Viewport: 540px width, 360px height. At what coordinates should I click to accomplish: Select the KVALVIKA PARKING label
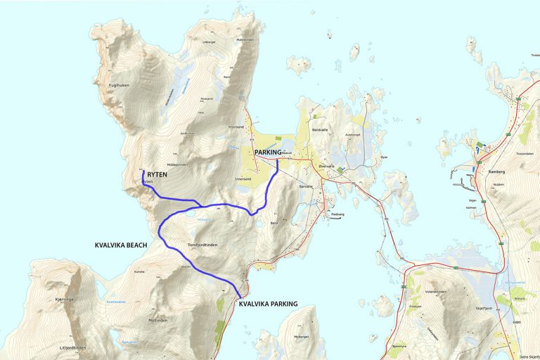pos(268,304)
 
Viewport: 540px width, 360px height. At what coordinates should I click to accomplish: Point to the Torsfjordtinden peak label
pos(202,245)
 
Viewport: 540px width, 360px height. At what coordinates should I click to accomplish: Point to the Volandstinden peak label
pos(436,292)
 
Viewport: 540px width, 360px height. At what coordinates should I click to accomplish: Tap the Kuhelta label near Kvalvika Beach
pos(139,271)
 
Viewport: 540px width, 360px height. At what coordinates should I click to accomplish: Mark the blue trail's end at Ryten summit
pos(143,171)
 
